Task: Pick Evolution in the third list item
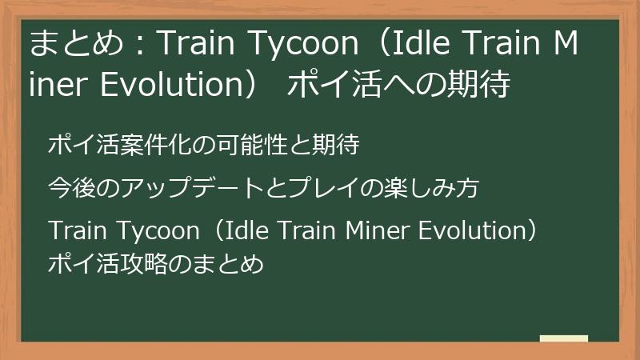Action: point(471,231)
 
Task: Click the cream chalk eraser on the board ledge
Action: point(564,338)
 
